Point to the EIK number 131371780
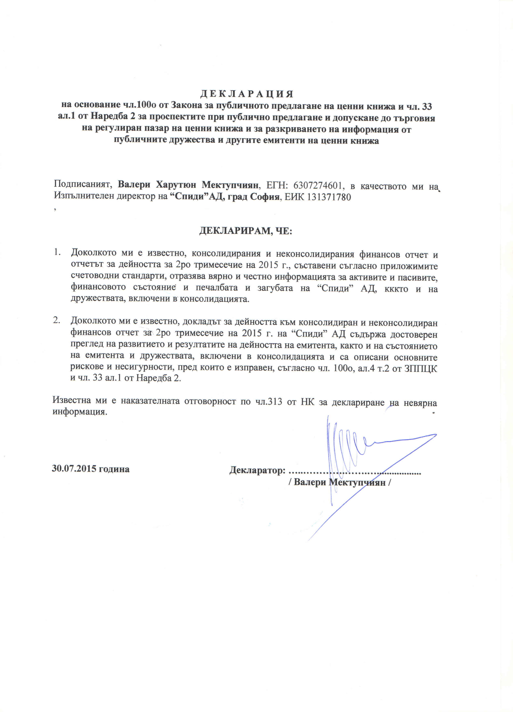(x=329, y=197)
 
